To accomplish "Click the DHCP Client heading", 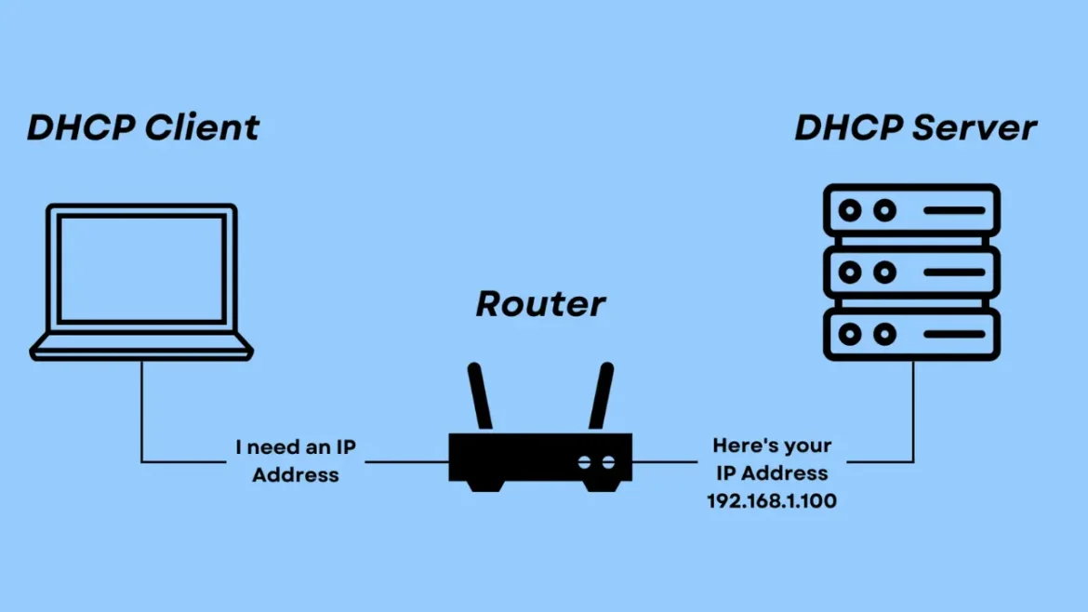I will tap(143, 127).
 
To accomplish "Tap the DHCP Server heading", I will tap(915, 127).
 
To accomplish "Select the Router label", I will tap(540, 303).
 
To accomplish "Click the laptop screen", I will tap(141, 269).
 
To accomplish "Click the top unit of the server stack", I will tap(911, 210).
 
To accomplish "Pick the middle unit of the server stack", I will tap(911, 273).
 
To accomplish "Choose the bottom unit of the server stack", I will tap(911, 334).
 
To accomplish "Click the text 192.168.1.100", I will tap(771, 501).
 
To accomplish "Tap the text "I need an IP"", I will tap(296, 447).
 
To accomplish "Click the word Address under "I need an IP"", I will tap(296, 474).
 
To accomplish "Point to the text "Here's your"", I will tap(772, 446).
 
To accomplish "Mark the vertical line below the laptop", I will tap(141, 409).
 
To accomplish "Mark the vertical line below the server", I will tap(912, 409).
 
